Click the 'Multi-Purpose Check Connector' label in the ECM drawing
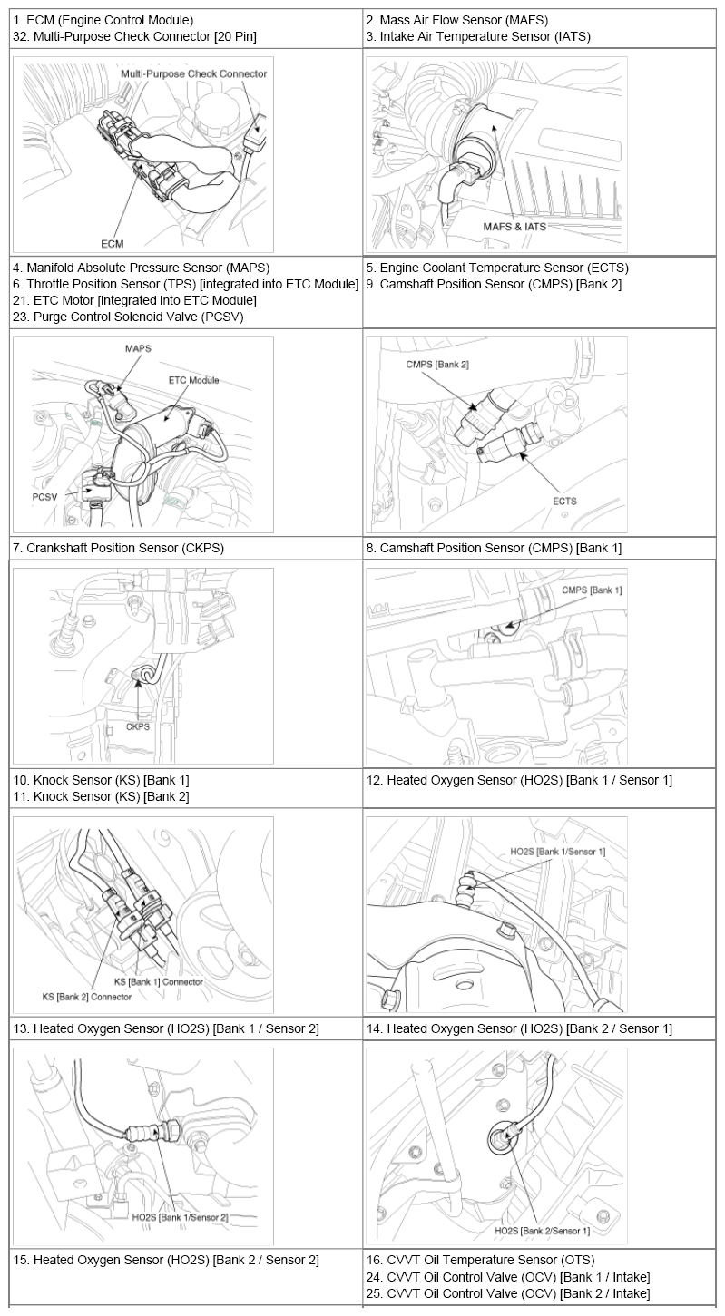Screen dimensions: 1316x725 click(194, 73)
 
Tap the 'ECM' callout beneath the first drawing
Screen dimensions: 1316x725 click(113, 243)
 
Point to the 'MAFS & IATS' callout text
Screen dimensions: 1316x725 click(514, 227)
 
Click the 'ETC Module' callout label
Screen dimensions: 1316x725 click(193, 380)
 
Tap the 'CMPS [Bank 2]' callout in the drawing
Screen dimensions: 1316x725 click(438, 364)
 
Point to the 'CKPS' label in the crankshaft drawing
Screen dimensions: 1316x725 click(138, 726)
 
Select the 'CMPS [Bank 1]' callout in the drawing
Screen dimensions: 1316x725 click(592, 590)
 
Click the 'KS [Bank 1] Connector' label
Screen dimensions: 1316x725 click(159, 981)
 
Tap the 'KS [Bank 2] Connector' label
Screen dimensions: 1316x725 click(87, 996)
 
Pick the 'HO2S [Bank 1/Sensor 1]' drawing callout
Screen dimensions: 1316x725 click(557, 852)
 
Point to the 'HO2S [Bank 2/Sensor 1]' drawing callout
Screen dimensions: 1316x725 click(542, 1231)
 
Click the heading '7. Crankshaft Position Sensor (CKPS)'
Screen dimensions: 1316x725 click(118, 548)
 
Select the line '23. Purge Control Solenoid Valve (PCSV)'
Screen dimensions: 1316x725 click(128, 317)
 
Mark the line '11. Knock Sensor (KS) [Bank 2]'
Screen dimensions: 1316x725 click(101, 796)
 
